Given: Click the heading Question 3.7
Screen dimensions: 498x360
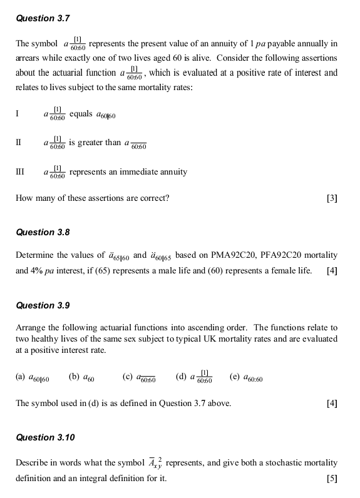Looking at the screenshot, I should click(x=43, y=19).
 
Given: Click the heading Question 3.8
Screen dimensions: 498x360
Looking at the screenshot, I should click(x=43, y=232).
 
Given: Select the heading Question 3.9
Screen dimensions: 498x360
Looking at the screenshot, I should click(x=43, y=305).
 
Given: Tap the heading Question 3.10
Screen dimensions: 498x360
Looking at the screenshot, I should click(x=45, y=437).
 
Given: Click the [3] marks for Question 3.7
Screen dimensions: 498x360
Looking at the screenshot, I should click(x=332, y=198).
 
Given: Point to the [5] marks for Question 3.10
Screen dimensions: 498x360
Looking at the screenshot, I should click(x=332, y=479).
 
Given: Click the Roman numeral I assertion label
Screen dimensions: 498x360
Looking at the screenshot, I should click(x=18, y=114).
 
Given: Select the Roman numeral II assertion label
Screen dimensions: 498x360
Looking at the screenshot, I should click(x=19, y=143).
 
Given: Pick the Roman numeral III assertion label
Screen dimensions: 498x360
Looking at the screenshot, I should click(x=20, y=171).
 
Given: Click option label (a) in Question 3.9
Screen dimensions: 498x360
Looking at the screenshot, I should click(x=20, y=377).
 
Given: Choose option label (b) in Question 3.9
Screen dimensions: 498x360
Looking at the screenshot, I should click(x=73, y=377).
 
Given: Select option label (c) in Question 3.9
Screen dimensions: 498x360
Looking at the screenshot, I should click(x=127, y=377).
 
